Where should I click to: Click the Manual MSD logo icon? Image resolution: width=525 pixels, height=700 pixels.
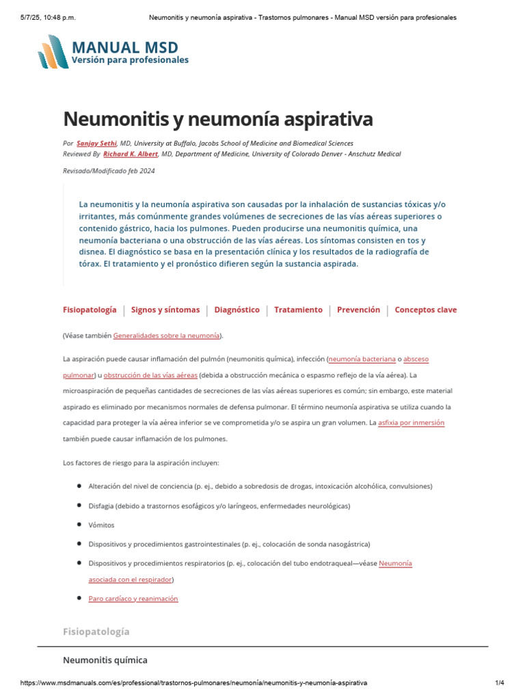[x=53, y=51]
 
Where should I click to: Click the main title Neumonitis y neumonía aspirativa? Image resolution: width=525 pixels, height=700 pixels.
[x=217, y=119]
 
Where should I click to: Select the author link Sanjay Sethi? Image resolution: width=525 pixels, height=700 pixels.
[x=96, y=143]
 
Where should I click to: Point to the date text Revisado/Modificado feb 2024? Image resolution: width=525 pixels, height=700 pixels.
[x=108, y=171]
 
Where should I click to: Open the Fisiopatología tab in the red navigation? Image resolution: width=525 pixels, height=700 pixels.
[x=90, y=310]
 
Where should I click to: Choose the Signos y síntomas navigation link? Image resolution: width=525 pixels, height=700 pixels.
[x=165, y=310]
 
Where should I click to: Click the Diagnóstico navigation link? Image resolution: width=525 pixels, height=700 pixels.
[x=237, y=310]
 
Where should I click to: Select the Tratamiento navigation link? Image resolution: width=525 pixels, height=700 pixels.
[x=298, y=310]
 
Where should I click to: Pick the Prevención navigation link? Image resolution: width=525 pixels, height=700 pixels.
[x=358, y=310]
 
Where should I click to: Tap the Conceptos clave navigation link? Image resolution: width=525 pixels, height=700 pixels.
[x=426, y=310]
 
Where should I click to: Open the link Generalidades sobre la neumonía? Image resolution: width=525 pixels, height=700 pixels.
[x=166, y=336]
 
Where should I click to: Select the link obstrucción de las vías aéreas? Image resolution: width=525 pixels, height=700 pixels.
[x=150, y=375]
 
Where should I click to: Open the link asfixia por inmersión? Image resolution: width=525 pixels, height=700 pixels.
[x=411, y=422]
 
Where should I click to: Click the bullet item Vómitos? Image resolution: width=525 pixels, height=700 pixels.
[x=101, y=525]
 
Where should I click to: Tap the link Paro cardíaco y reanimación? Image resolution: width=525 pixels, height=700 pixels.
[x=133, y=598]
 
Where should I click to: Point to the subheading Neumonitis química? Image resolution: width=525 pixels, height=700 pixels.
[x=105, y=660]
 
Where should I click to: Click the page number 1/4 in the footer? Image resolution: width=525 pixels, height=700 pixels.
[x=499, y=683]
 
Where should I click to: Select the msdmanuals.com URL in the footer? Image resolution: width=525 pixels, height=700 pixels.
[x=193, y=683]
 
